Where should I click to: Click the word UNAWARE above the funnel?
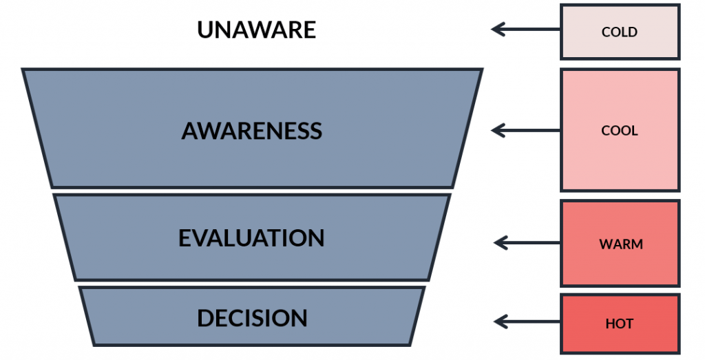(256, 30)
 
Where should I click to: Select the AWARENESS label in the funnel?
(251, 131)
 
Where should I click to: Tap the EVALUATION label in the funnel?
(251, 238)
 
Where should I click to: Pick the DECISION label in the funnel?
(252, 318)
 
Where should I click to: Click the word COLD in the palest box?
(620, 32)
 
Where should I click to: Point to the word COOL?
(620, 131)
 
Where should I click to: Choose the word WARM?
(620, 244)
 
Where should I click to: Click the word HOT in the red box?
(620, 324)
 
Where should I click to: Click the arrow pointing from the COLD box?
(526, 30)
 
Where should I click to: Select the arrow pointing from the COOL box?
(526, 130)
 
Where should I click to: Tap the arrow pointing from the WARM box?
(527, 242)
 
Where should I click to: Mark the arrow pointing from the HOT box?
(527, 321)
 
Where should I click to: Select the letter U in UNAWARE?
(206, 30)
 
